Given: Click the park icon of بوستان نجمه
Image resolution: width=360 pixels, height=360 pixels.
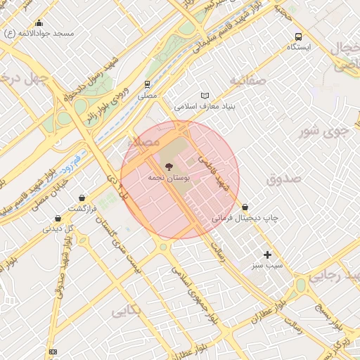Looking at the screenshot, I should click(x=169, y=167).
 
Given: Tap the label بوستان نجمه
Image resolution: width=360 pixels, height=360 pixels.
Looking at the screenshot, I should click(x=167, y=179).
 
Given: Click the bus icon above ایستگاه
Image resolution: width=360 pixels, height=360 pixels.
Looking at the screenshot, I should click(x=299, y=36).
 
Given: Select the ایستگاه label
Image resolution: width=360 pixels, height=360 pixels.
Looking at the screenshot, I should click(x=303, y=47).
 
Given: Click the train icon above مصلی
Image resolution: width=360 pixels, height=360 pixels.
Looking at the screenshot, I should click(x=148, y=83).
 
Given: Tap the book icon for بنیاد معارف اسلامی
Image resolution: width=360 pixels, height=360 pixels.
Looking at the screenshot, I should click(x=205, y=96).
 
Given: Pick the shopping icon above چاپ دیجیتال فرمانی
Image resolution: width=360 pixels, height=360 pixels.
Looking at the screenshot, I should click(x=245, y=207).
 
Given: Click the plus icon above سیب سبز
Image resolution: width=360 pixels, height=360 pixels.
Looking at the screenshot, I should click(x=267, y=255).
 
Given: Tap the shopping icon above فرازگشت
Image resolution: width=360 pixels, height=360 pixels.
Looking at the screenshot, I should click(x=84, y=198).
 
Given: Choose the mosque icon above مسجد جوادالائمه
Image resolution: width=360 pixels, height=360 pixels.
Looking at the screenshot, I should click(x=38, y=22).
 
